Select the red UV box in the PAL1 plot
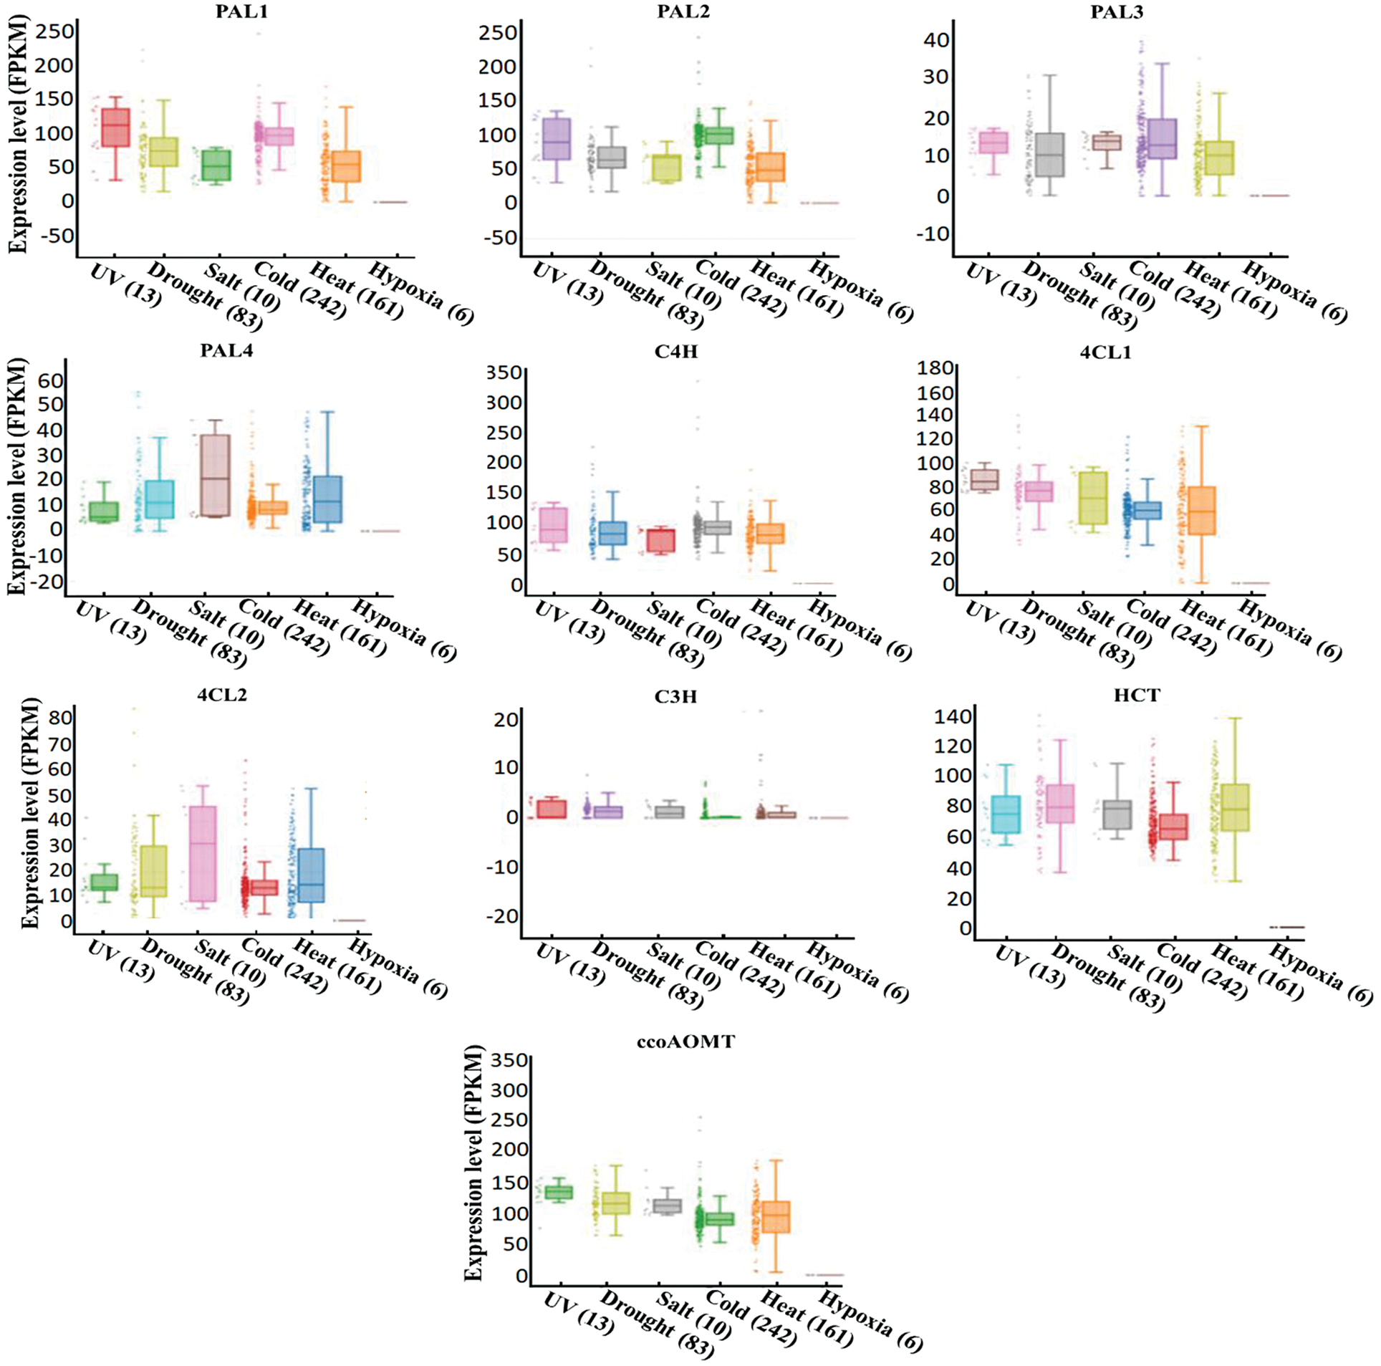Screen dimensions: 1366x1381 [115, 127]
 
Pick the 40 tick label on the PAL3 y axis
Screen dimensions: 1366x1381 [935, 40]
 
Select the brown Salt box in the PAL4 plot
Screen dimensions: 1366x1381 [215, 475]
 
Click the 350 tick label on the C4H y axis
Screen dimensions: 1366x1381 [505, 372]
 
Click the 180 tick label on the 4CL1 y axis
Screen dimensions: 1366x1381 [936, 368]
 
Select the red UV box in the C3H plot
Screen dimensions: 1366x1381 [552, 809]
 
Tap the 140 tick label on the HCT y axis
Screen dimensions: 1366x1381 [953, 716]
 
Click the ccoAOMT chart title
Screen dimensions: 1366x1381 [685, 1042]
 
